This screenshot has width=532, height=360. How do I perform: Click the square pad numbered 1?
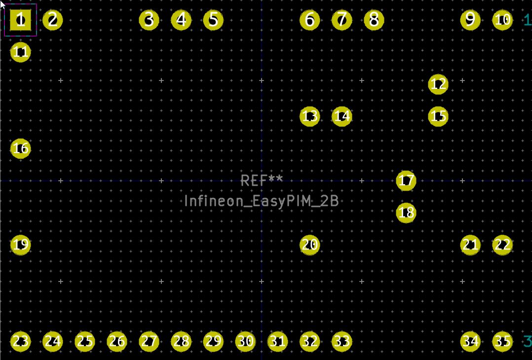(21, 20)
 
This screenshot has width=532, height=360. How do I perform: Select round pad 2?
(53, 20)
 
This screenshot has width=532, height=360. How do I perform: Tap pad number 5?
(213, 20)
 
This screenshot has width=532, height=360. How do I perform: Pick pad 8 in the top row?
(374, 20)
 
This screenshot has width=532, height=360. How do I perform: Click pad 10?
(502, 20)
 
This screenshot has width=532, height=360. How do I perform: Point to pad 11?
(21, 52)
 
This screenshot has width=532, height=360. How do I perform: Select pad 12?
(438, 84)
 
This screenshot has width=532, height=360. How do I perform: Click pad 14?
(342, 117)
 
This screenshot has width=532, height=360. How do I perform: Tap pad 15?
(438, 117)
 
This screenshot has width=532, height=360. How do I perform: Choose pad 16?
(21, 149)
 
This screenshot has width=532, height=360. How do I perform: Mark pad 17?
(406, 181)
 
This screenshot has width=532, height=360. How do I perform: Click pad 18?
(406, 213)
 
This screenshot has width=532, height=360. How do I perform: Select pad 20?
(309, 245)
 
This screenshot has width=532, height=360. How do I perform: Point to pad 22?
(502, 245)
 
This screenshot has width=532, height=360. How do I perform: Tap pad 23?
(21, 341)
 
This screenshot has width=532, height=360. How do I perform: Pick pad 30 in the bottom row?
(245, 341)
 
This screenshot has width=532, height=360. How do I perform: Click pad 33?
(342, 341)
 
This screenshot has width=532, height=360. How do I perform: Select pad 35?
(502, 341)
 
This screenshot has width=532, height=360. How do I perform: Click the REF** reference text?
(262, 180)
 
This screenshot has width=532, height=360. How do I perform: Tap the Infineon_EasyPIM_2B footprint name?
(261, 201)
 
